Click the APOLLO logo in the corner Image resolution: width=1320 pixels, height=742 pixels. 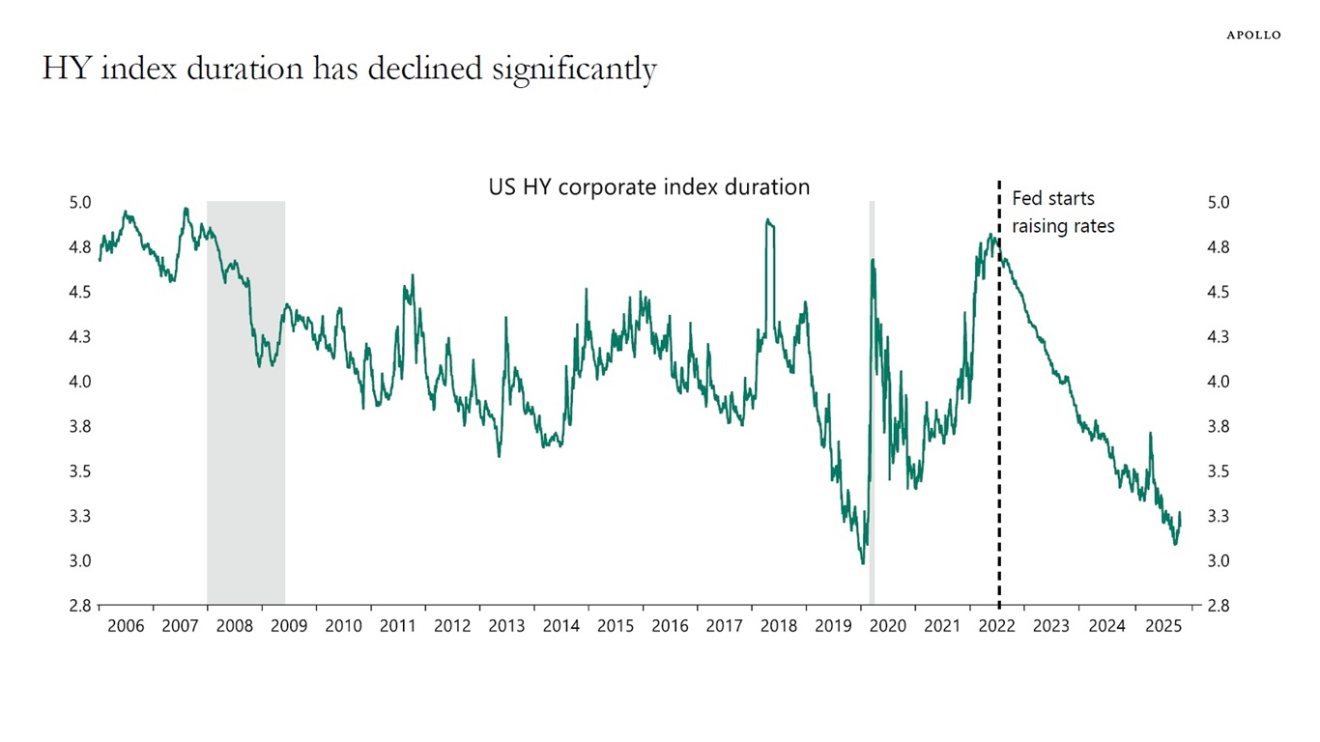coord(1253,35)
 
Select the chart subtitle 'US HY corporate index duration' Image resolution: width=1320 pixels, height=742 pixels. coord(648,187)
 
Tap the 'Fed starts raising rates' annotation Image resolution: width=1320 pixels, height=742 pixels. coord(1062,212)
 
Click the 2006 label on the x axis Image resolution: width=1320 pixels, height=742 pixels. coord(126,626)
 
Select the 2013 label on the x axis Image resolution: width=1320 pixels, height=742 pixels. coord(506,626)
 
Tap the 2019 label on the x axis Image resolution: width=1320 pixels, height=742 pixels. coord(833,626)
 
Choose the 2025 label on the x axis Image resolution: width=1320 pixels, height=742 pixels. coord(1161,626)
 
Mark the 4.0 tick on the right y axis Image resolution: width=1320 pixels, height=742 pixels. coord(1218,382)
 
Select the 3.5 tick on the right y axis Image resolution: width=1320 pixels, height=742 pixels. coord(1218,471)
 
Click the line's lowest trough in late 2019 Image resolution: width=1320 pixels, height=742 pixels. coord(862,562)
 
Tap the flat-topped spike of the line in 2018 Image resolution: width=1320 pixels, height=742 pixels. coord(769,221)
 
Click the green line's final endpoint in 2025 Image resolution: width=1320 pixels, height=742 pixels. coord(1180,513)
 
